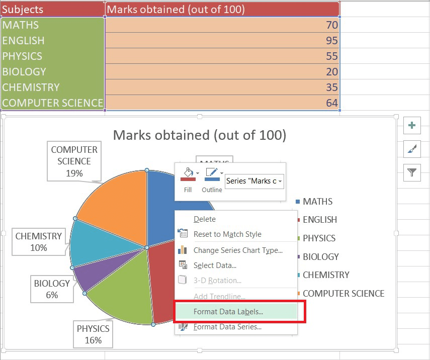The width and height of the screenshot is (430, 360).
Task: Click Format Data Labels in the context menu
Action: [x=228, y=312]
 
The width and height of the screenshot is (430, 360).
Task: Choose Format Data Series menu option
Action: [x=227, y=327]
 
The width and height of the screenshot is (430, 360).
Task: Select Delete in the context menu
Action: [x=205, y=219]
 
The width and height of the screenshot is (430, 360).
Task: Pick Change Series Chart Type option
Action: [x=238, y=250]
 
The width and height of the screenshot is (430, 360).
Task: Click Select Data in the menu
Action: [x=215, y=265]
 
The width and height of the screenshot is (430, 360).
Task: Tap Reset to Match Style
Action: [x=227, y=234]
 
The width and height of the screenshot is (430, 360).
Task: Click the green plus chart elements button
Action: [x=412, y=126]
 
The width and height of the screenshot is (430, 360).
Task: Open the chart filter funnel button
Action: [x=412, y=173]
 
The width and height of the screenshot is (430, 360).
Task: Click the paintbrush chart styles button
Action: [x=412, y=149]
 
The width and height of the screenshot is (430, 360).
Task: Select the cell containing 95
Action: [x=222, y=40]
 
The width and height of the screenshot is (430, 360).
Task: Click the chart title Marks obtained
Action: [x=200, y=135]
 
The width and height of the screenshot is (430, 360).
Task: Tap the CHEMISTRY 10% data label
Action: [x=39, y=242]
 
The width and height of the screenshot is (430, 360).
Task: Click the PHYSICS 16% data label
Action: [x=93, y=334]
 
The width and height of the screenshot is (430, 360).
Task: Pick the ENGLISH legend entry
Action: [x=320, y=220]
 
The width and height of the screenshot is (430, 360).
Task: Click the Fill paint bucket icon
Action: [x=187, y=175]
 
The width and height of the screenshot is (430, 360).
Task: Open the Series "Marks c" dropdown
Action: [x=254, y=181]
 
